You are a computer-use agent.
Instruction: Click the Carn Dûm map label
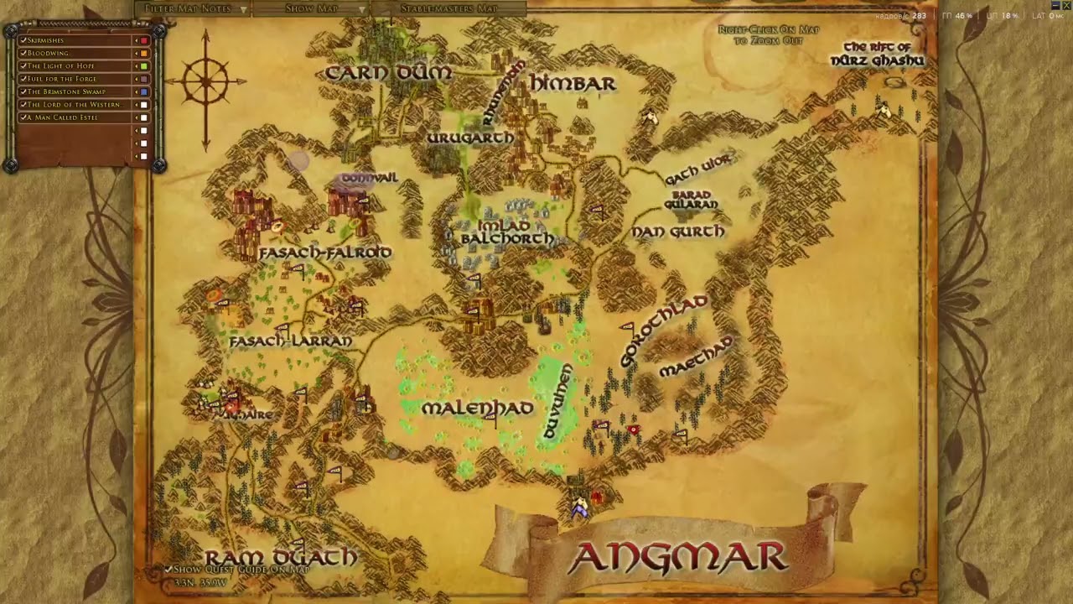[x=388, y=73]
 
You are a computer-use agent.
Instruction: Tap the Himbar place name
[x=573, y=83]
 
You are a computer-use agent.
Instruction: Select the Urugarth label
[x=469, y=138]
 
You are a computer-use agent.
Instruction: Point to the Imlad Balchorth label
[x=506, y=232]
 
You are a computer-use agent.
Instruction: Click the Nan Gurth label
[x=677, y=231]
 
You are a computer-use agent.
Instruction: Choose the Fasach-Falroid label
[x=325, y=253]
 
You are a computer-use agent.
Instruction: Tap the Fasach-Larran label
[x=290, y=341]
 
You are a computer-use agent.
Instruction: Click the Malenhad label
[x=477, y=409]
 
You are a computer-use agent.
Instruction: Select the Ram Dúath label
[x=281, y=557]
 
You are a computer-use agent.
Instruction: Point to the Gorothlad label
[x=664, y=331]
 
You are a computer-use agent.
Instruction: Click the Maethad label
[x=697, y=357]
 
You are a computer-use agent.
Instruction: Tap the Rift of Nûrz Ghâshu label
[x=877, y=54]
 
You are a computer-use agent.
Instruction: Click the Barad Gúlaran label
[x=692, y=200]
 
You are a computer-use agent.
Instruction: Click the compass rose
[x=205, y=81]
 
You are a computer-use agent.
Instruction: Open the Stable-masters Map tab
[x=448, y=8]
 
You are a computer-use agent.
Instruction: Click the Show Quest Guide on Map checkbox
[x=168, y=569]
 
